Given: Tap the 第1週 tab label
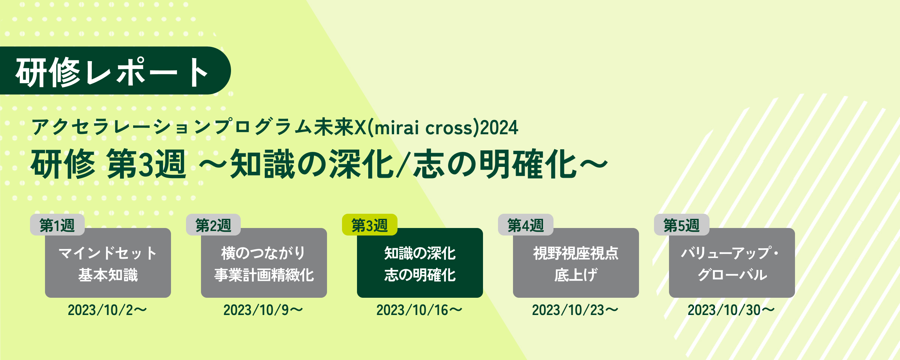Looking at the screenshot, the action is point(57,225).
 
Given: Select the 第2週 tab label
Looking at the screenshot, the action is point(213,225).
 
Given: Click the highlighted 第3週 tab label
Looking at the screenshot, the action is point(369,225).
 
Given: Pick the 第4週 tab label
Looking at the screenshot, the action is point(525,225).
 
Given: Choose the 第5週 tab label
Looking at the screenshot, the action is point(681,225).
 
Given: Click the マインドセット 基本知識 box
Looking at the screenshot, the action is point(108,263).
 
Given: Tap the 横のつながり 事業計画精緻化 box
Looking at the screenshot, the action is point(264,263).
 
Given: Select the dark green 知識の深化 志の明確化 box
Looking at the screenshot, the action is point(420,263).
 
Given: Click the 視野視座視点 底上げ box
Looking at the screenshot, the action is point(576,263).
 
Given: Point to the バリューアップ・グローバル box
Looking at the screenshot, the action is point(732,263).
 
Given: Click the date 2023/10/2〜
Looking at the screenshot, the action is point(107,310).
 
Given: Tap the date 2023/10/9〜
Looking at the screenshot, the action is point(263,310).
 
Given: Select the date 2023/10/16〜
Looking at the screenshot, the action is point(419,310).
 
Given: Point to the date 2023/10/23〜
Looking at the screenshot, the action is point(575,310).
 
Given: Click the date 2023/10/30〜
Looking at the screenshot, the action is point(731,310).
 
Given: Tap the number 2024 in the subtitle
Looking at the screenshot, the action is point(499,127).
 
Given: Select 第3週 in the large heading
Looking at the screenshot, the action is point(146,164).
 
